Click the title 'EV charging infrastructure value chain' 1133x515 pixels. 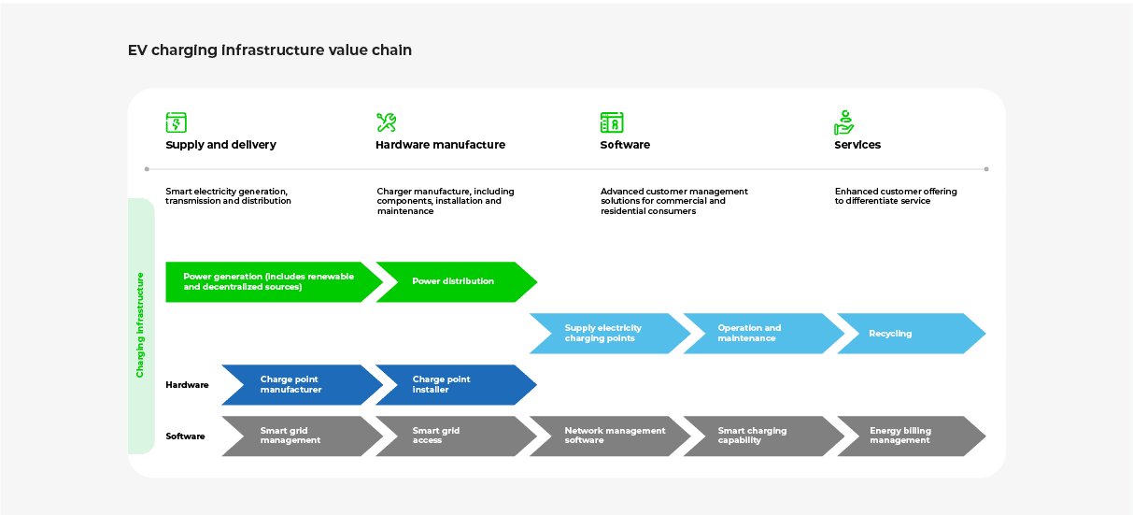[x=269, y=50]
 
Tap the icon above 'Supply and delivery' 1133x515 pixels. [x=177, y=122]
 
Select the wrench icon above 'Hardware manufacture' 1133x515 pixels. [x=387, y=122]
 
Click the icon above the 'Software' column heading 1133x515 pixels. [x=612, y=122]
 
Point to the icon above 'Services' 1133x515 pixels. [x=844, y=122]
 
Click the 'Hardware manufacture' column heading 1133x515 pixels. [x=440, y=145]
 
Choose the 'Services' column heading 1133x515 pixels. [x=857, y=145]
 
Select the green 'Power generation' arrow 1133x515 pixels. [x=266, y=282]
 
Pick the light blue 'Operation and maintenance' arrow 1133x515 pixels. [x=757, y=334]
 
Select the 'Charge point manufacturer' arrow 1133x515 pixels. [x=297, y=385]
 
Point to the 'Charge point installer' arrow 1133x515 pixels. [x=450, y=385]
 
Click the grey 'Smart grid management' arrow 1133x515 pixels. [x=297, y=436]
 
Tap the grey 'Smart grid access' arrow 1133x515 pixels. [x=450, y=436]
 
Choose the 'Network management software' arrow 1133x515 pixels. [x=607, y=436]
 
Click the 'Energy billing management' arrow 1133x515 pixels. [x=904, y=436]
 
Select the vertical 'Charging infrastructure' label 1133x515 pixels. [x=140, y=324]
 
